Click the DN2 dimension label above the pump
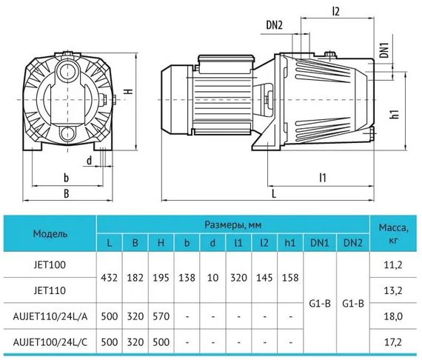[x=274, y=25]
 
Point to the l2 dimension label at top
[x=336, y=11]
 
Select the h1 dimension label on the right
[x=395, y=113]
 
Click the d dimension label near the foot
[x=89, y=161]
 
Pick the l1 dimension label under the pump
[x=323, y=178]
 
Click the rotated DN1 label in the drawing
[x=385, y=50]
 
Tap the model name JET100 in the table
[x=50, y=264]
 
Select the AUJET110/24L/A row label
[x=50, y=316]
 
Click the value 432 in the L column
[x=109, y=278]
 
